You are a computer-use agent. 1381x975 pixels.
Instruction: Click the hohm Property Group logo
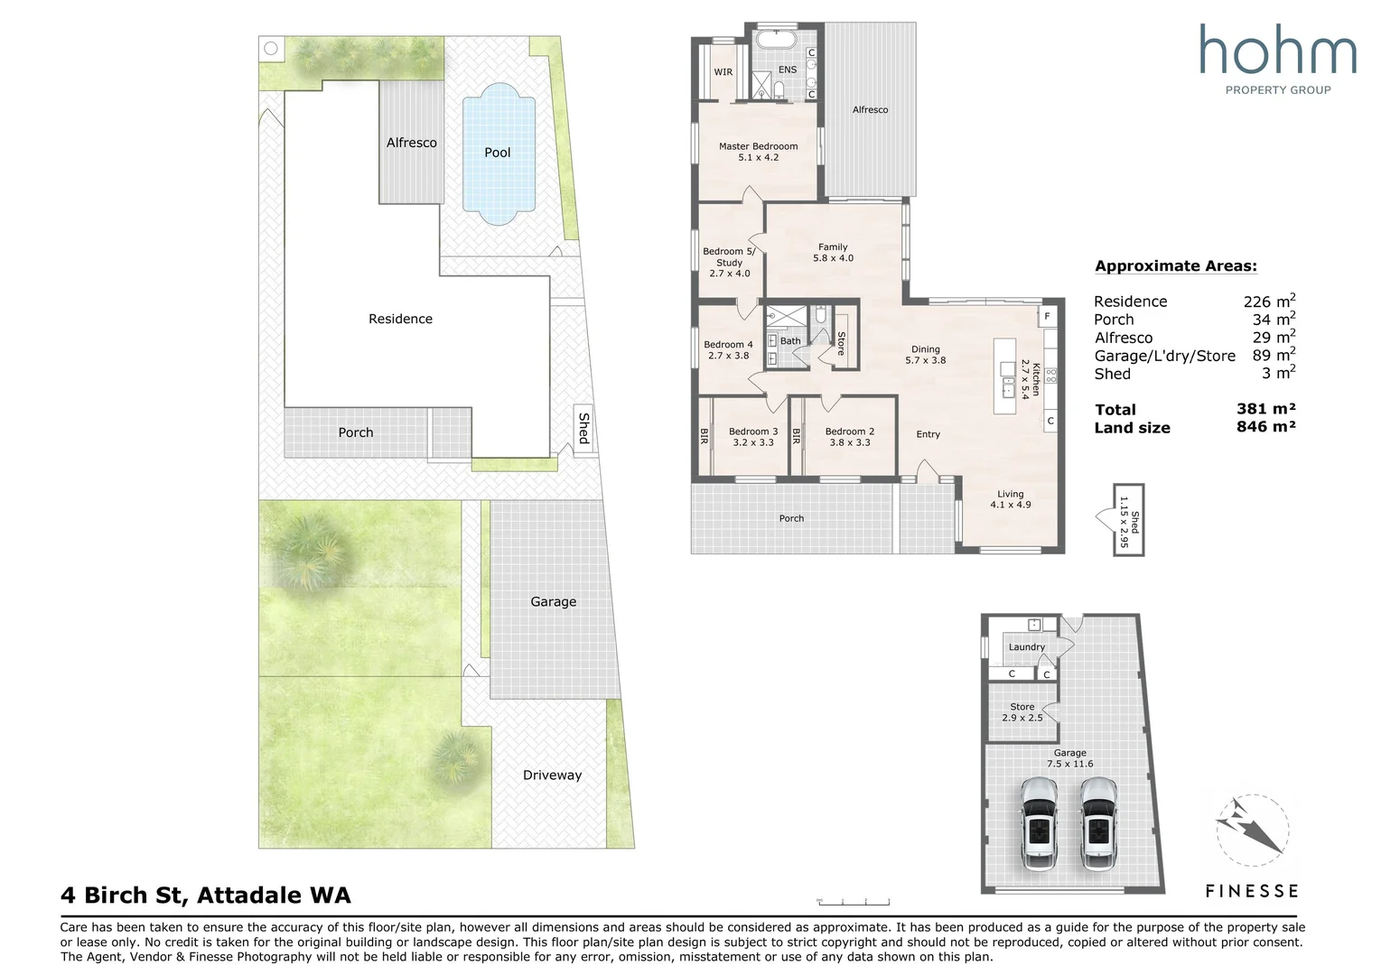1277,59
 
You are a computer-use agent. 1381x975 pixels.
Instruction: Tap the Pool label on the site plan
497,153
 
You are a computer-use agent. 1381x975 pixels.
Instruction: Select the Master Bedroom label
758,146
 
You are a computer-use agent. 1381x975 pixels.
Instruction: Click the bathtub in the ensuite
774,41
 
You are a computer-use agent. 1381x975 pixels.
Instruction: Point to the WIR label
723,72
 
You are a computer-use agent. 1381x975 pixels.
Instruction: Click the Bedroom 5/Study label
729,257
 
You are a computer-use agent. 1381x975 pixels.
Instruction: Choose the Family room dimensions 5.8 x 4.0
833,258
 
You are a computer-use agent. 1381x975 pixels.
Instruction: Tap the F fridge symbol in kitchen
1048,316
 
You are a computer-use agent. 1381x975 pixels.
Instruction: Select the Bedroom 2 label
849,432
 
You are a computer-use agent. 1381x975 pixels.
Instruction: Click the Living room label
1010,494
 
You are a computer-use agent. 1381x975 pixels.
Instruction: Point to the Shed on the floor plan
1127,519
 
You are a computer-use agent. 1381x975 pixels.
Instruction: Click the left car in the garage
1039,823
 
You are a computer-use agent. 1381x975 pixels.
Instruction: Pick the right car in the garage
1098,823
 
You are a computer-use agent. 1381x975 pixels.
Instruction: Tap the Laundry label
1026,647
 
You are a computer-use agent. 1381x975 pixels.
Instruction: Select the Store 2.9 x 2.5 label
1022,712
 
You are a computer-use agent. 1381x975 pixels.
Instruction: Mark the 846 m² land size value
1265,427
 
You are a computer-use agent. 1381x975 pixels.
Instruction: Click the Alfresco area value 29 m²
1274,338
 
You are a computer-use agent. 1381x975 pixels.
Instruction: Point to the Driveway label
552,775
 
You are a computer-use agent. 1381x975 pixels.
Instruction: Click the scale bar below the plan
853,901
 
